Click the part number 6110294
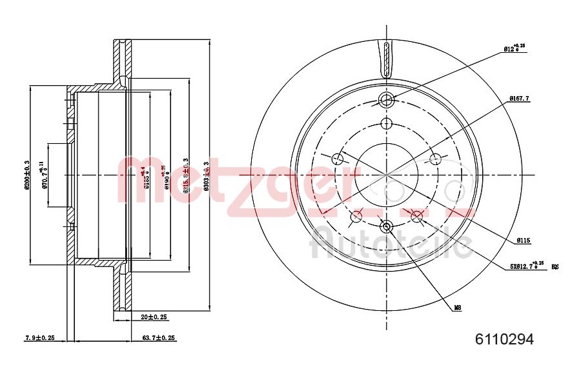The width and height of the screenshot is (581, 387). pos(504,339)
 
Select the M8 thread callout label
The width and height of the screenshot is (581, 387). pos(457,308)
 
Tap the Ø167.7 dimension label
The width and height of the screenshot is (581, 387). pos(519,98)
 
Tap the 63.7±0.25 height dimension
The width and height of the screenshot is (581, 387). pos(159,337)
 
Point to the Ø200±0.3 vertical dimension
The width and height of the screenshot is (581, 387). pos(26,175)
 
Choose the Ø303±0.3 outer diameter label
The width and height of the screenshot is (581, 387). pos(206,175)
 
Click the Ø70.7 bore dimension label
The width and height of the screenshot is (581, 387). pos(44,175)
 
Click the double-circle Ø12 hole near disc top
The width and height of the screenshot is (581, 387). pos(386,100)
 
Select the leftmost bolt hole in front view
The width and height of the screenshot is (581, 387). pos(338,159)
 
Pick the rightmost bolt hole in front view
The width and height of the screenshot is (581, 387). pos(435,159)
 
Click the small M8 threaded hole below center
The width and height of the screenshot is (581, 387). pos(386,226)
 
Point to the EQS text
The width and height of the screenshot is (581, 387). pos(554,265)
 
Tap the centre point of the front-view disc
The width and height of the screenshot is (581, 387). pos(386,174)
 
